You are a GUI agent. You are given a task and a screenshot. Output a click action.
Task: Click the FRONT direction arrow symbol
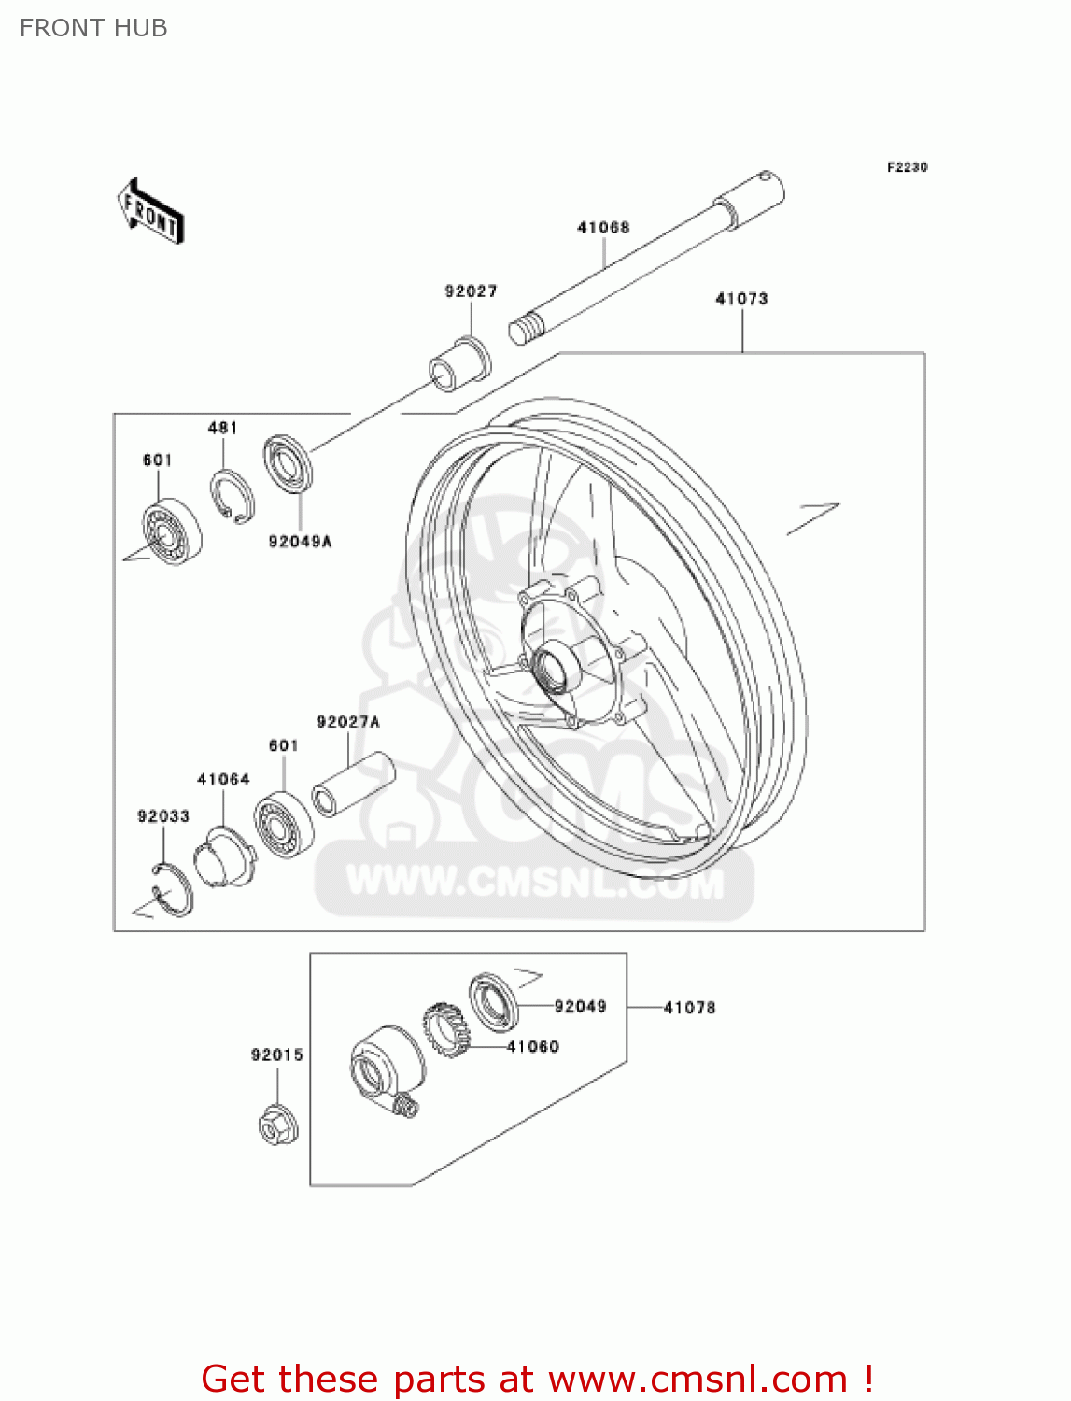pos(149,212)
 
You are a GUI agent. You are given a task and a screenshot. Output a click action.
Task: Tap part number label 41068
pos(603,227)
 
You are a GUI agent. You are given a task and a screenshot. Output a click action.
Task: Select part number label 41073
pos(741,299)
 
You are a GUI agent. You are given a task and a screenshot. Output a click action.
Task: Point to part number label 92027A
pos(348,722)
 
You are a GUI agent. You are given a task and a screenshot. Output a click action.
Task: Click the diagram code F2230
pos(907,167)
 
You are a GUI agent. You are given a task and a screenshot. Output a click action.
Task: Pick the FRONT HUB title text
pos(93,28)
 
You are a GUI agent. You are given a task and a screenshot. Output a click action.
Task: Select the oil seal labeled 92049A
pos(288,464)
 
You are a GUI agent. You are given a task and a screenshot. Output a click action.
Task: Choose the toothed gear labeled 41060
pos(444,1030)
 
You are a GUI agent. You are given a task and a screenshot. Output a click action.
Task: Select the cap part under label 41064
pos(225,855)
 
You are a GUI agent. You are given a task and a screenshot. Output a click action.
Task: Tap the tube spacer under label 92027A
pos(353,784)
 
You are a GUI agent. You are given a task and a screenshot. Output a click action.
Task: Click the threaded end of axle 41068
pos(526,329)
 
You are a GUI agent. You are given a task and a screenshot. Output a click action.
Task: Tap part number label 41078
pos(689,1008)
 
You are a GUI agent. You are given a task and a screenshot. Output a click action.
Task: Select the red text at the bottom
pos(537,1379)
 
